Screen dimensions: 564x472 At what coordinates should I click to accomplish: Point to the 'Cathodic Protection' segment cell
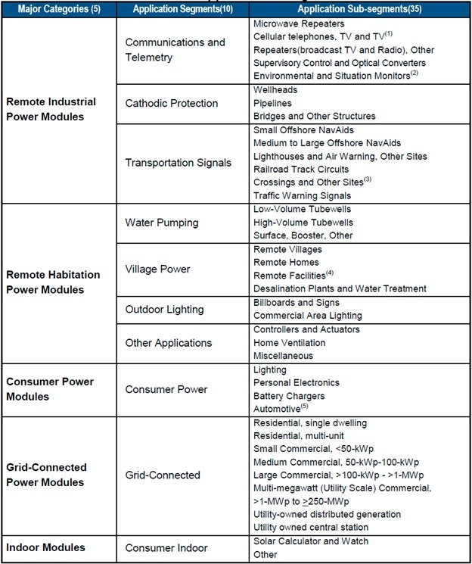point(172,103)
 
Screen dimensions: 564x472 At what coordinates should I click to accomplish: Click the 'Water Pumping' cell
point(162,223)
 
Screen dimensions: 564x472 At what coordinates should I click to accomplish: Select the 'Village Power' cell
point(158,269)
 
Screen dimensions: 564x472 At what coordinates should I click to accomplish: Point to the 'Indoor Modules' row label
point(46,547)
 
